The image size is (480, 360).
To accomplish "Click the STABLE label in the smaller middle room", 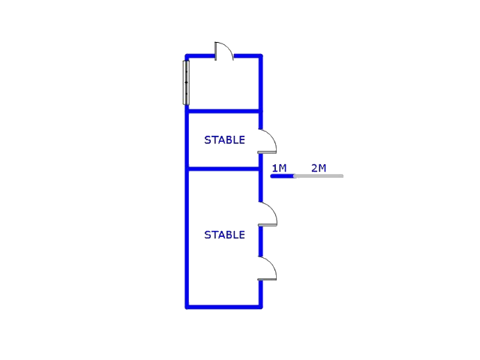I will point(224,140).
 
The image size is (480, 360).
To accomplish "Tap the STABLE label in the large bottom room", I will point(224,235).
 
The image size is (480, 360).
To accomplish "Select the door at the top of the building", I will point(224,52).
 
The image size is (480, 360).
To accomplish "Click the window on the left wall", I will point(186,82).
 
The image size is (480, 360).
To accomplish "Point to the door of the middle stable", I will point(268,142).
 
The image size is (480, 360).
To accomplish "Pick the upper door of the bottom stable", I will point(268,214).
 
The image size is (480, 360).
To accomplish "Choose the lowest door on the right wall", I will point(268,269).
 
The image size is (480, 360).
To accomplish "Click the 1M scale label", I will point(279,168).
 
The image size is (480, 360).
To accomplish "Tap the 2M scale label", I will point(319,168).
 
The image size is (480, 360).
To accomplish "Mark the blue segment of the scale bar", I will point(282,176).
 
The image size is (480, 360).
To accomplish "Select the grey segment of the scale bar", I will point(319,176).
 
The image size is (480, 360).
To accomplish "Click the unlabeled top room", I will point(223,83).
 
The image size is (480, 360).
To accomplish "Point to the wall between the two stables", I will point(223,169).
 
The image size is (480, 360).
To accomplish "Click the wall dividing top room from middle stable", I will point(223,111).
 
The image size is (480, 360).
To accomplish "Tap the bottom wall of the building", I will point(223,306).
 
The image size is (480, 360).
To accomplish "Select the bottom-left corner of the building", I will point(187,306).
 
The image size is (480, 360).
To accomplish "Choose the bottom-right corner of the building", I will point(261,306).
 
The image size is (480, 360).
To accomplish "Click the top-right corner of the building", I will point(261,55).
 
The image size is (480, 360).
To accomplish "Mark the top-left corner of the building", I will point(187,55).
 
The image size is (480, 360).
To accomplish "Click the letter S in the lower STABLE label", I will point(207,235).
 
